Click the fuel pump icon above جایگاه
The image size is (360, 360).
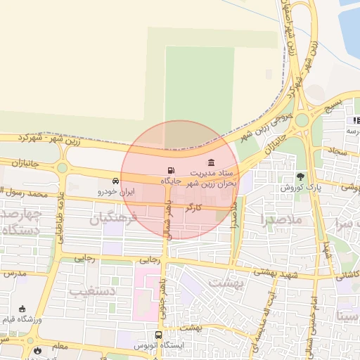click(x=172, y=170)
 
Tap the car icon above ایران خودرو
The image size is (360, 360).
click(x=115, y=181)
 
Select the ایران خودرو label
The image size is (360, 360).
click(x=115, y=191)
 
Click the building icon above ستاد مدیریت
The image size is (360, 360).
click(x=212, y=163)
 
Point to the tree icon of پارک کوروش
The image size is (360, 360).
click(x=301, y=176)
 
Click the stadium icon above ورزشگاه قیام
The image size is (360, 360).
click(x=22, y=309)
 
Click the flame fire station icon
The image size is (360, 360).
click(x=37, y=349)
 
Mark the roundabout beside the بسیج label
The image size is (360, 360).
click(x=302, y=120)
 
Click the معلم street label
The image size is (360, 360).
click(x=60, y=346)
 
